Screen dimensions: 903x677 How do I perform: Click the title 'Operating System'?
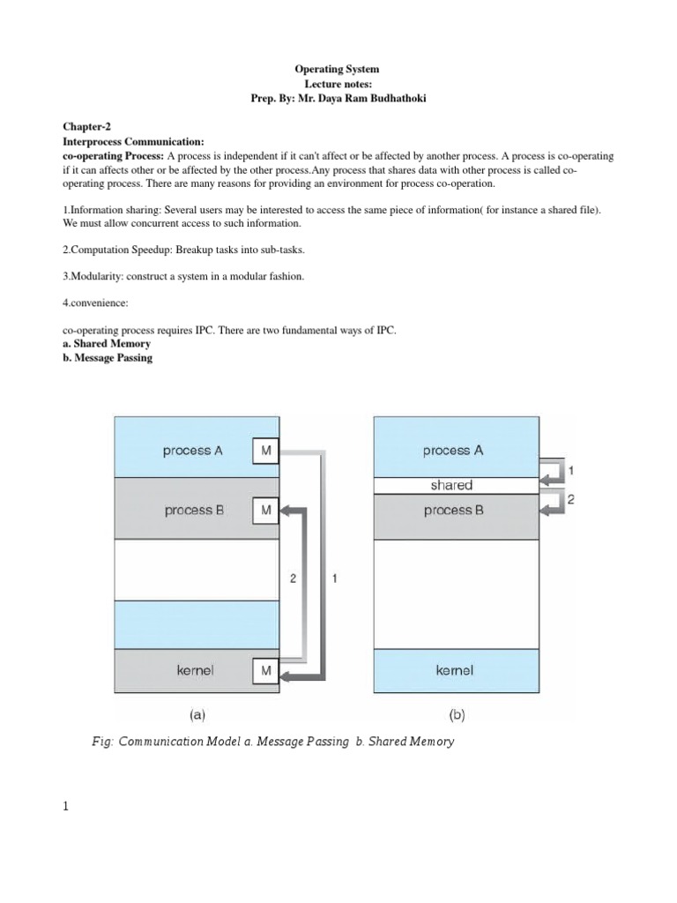click(338, 69)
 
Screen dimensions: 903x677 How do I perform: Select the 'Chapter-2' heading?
click(87, 127)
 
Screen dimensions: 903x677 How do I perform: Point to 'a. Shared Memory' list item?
click(106, 344)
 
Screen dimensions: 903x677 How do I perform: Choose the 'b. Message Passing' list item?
click(108, 358)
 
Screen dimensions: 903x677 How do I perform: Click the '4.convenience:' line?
click(95, 302)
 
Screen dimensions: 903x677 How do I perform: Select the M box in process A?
click(265, 451)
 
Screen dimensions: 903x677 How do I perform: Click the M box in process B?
click(265, 510)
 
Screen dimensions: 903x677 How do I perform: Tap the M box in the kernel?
click(265, 672)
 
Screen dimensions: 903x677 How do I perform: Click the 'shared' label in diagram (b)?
click(451, 485)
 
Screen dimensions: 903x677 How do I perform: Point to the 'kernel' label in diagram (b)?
click(454, 670)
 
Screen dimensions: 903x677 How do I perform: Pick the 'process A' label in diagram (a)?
click(193, 451)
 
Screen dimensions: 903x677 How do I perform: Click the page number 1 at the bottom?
click(65, 807)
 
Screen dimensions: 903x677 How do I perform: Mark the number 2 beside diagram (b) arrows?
click(570, 499)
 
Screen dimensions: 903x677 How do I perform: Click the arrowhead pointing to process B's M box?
click(286, 510)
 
